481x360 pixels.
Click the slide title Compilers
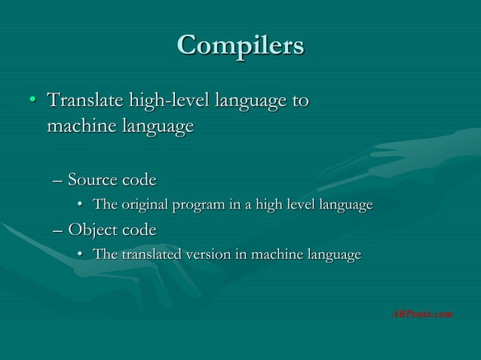240,44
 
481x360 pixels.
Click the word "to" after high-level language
299,99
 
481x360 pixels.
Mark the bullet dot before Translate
32,100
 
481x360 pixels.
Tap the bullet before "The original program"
81,205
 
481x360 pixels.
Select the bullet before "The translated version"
81,255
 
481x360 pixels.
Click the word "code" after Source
138,180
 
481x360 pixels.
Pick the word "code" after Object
138,229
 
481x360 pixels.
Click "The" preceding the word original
104,205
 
